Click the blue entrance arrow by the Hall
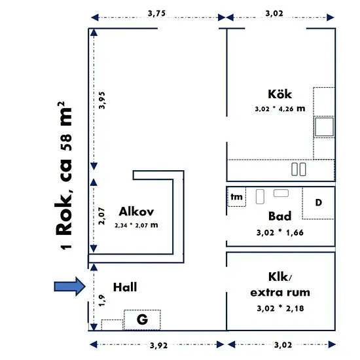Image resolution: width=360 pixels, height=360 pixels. point(70,286)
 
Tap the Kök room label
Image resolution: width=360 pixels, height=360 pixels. point(280,94)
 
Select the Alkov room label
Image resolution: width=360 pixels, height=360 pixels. point(136,211)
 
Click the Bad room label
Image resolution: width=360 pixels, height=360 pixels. point(280,216)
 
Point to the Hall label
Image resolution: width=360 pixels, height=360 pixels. point(125,287)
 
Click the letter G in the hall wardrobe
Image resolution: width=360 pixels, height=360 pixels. point(142,319)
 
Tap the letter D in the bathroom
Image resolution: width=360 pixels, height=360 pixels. point(319,202)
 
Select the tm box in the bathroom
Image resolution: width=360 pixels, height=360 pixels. point(236,197)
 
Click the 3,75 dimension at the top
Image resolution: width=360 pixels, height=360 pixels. point(156,14)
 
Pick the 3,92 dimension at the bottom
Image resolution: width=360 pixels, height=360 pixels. point(158,346)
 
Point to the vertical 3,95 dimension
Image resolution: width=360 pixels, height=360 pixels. point(101,100)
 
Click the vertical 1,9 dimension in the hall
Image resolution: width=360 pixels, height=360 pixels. point(101,300)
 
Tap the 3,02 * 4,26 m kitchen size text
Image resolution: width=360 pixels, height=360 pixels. point(280,109)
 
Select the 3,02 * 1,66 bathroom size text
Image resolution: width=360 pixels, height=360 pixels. point(280,232)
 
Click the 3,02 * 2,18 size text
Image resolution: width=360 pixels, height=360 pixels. point(280,308)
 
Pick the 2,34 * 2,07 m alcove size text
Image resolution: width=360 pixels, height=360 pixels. point(136,225)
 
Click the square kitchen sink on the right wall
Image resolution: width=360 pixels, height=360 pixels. point(324,127)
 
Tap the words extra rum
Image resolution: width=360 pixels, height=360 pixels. point(280,293)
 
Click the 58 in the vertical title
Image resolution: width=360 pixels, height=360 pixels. point(67,142)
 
